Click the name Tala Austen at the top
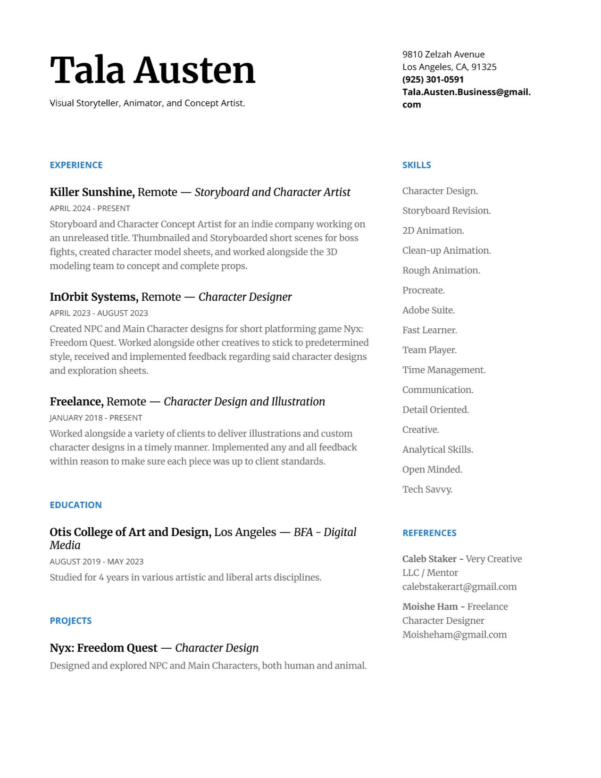pos(152,70)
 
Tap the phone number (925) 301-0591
pos(433,79)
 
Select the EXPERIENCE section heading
pos(76,165)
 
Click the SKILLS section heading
pos(416,165)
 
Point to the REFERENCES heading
pos(429,533)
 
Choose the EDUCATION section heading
pos(75,505)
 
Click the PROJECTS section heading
pos(70,621)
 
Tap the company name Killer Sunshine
pos(92,192)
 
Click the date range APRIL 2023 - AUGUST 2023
pos(99,313)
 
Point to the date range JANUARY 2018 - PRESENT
pos(96,418)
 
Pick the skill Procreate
pos(423,290)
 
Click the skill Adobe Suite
pos(428,310)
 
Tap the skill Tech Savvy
pos(427,489)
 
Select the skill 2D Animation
pos(433,231)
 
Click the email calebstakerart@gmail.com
pos(459,587)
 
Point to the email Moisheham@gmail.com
pos(454,635)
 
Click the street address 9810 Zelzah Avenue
pos(443,54)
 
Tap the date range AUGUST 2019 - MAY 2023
pos(96,562)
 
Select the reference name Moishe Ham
pos(430,607)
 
